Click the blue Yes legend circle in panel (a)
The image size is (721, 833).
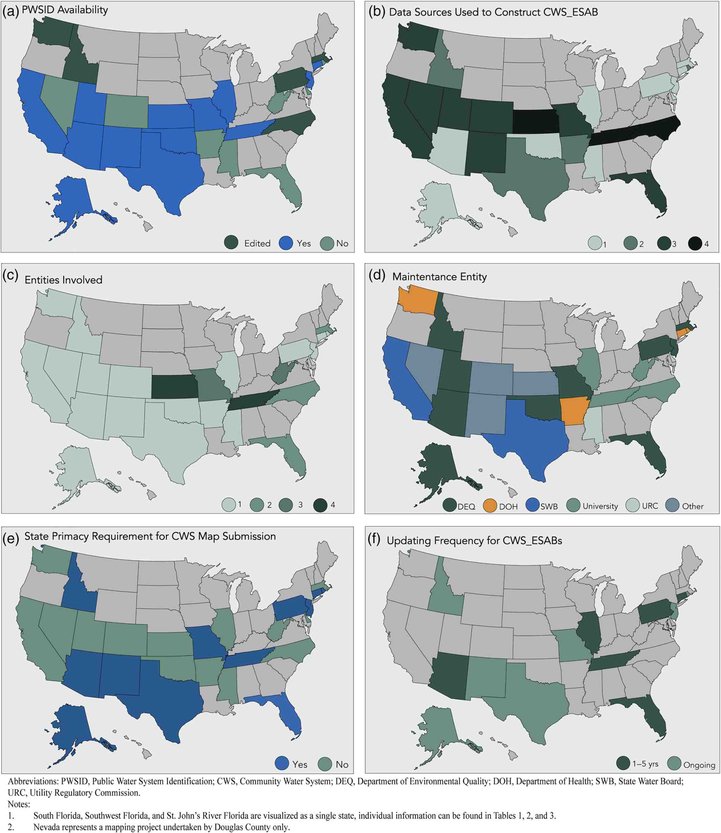tap(286, 243)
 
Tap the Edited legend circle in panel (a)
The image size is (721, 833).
tap(231, 243)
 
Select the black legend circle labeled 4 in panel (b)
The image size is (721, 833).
tap(695, 244)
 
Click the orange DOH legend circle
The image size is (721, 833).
tap(490, 505)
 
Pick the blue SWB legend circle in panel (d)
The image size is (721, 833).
tap(533, 505)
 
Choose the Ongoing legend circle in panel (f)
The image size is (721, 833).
tap(674, 763)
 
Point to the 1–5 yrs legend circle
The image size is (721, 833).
tap(623, 763)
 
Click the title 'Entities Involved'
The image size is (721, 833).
tap(64, 280)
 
